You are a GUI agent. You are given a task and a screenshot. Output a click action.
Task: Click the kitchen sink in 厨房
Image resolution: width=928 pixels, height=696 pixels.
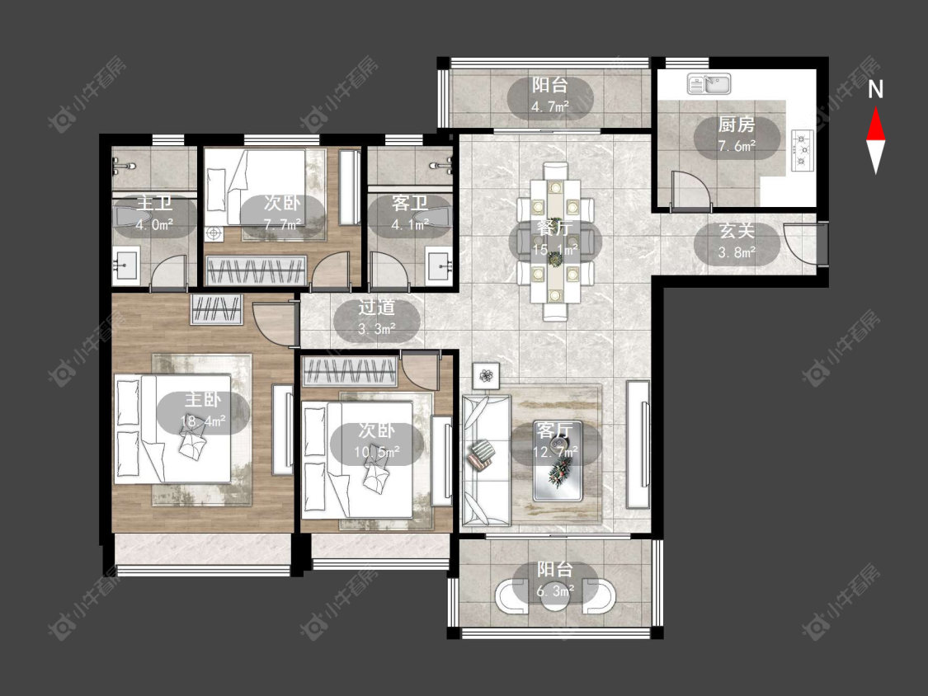(709, 83)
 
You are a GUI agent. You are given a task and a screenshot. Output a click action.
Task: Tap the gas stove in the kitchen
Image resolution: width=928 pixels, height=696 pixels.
(803, 151)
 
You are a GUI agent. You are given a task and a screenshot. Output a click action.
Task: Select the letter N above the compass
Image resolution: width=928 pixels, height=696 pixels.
(875, 89)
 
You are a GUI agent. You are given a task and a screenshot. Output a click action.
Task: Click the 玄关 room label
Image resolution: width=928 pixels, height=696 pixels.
(737, 231)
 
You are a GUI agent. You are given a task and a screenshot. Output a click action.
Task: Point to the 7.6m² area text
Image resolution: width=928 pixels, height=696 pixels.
(737, 146)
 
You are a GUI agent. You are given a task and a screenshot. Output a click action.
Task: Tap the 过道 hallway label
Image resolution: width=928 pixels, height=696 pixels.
(377, 308)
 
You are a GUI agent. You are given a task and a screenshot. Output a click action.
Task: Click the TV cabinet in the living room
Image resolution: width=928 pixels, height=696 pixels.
(638, 444)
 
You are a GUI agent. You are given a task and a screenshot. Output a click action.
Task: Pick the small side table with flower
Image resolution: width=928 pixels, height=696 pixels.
(486, 375)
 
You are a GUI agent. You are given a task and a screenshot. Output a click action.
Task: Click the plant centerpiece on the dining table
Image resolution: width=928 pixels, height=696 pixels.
(554, 258)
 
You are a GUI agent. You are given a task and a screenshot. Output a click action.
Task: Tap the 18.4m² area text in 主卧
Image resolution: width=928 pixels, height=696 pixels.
(203, 421)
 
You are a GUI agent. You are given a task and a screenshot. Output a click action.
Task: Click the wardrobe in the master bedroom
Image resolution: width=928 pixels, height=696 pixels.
(217, 309)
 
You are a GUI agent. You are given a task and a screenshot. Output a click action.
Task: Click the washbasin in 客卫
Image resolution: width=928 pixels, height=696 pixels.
(439, 267)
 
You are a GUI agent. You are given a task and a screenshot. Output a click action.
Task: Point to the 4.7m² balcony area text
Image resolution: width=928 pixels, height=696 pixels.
(550, 107)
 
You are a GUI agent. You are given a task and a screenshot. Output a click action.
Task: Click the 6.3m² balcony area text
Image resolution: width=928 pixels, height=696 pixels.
(555, 591)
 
